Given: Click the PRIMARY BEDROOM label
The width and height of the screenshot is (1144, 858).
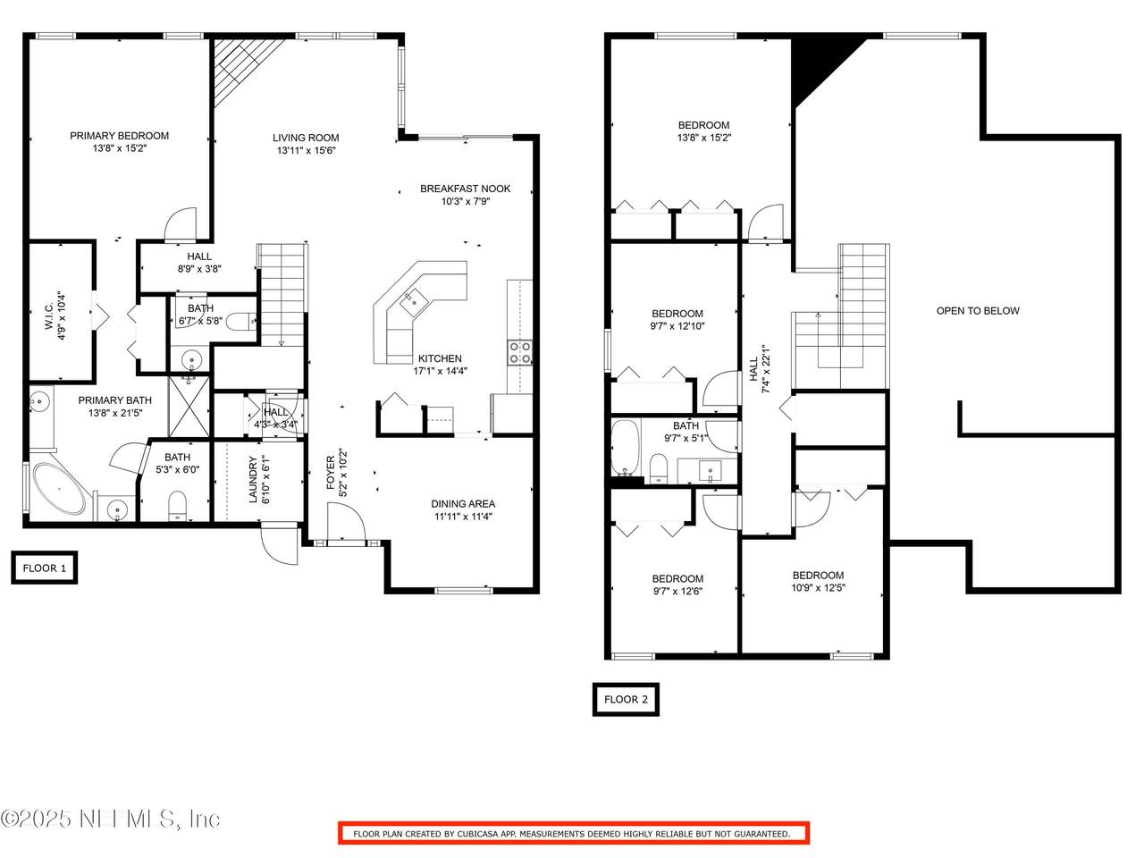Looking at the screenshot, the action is (120, 136).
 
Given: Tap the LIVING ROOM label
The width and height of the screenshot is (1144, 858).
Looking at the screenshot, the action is (306, 138).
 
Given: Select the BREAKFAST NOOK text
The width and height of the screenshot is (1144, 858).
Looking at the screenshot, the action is (466, 189).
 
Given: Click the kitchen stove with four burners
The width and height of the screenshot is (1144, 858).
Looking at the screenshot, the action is (520, 352).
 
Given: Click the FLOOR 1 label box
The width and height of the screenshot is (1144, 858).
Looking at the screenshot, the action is (45, 568).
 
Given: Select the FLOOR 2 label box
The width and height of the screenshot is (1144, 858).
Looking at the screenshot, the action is (626, 699).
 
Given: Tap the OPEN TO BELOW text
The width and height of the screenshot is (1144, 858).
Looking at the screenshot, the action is (978, 311).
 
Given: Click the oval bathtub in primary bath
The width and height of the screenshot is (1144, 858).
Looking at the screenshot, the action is (59, 489).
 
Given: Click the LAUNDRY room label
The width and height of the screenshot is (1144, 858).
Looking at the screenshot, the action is (253, 479).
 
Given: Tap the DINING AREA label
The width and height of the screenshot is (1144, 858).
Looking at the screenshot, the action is (463, 504).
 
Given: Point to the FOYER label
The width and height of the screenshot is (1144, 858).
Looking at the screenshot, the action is (331, 473).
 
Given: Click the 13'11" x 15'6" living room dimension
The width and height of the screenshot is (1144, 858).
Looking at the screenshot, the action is (307, 150).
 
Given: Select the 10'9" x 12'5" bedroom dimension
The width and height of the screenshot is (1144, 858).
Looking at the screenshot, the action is (819, 588).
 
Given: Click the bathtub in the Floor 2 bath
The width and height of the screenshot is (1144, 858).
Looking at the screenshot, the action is (625, 448).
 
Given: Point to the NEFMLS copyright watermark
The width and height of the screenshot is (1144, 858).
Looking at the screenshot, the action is (110, 819).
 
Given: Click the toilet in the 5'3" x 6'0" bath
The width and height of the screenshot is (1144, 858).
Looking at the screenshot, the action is (178, 505).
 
